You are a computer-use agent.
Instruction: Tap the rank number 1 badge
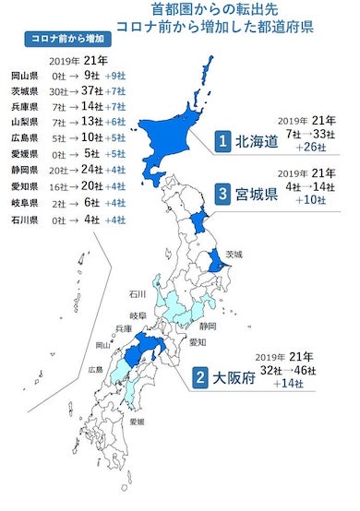pos(222,141)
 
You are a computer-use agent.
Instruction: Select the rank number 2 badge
pos(198,377)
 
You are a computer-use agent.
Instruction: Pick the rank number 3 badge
pos(222,195)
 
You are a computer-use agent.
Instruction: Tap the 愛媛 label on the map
pos(135,422)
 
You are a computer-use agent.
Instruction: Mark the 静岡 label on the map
pos(208,326)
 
